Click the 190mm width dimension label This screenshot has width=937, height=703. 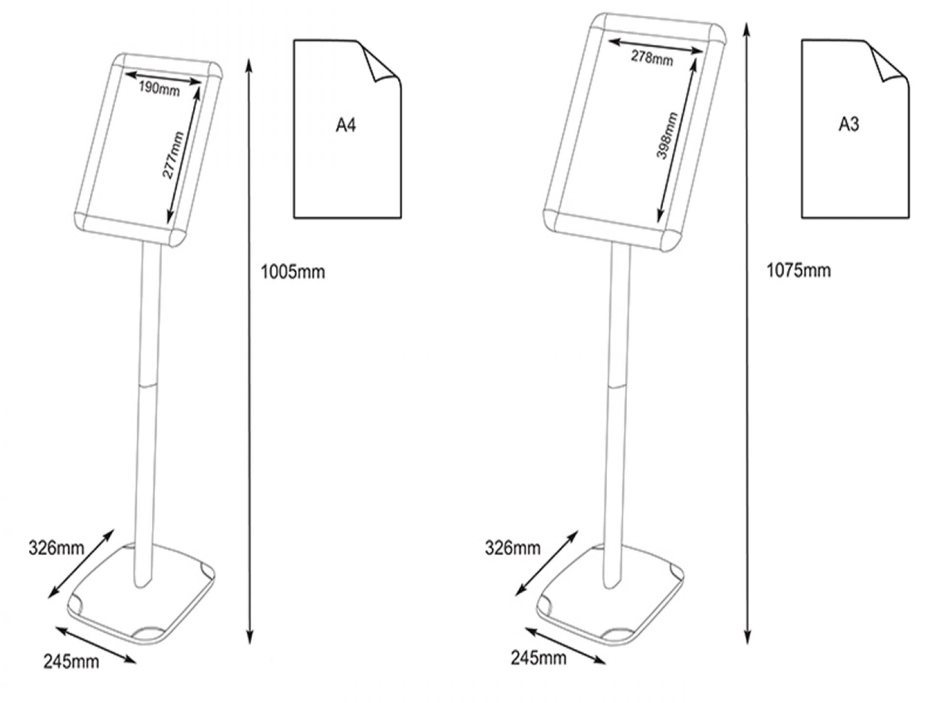tap(159, 88)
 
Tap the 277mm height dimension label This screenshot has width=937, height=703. tap(173, 156)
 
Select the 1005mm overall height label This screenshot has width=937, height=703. tap(293, 272)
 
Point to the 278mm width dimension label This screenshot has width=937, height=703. tap(652, 58)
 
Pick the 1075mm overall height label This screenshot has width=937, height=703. tap(798, 270)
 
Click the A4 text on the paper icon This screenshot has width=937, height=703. tap(346, 125)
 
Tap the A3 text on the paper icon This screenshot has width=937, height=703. tap(849, 124)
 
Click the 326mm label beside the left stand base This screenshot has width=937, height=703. tap(56, 548)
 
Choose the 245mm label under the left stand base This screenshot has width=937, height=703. tap(71, 662)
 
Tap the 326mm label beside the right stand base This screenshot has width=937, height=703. tap(512, 548)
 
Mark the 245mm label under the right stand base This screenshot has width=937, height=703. tap(538, 658)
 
